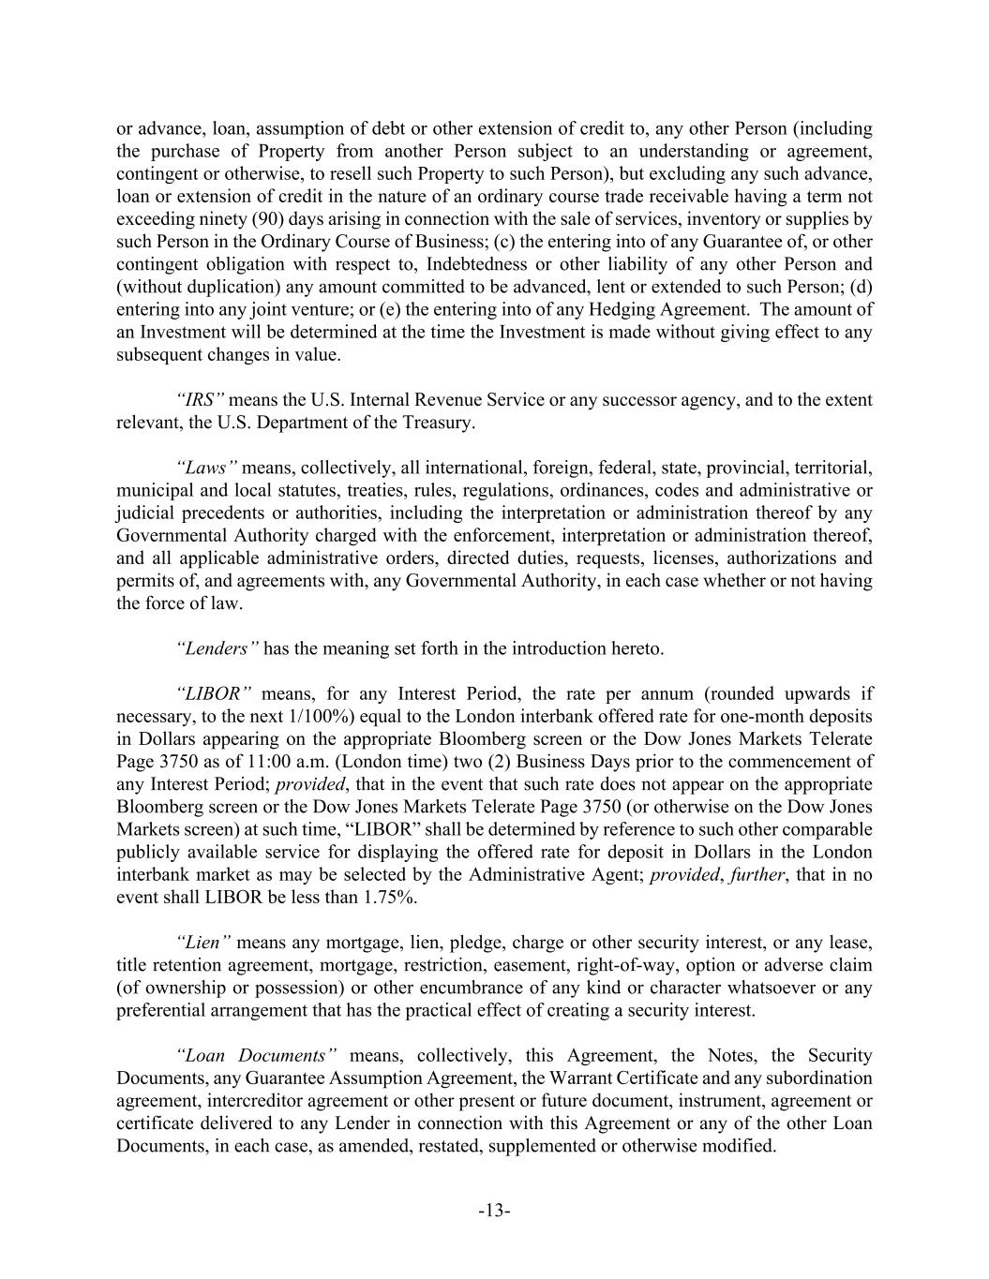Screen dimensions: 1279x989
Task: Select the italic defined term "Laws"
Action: tap(206, 468)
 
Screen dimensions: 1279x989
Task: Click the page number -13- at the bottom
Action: tap(494, 1211)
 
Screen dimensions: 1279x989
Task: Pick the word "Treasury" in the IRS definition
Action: tap(437, 423)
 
